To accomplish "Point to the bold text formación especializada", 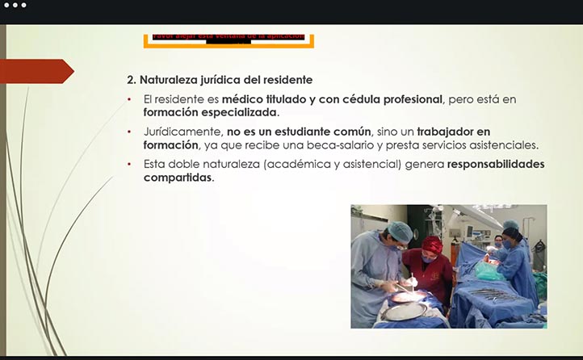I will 210,112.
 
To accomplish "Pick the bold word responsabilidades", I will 496,164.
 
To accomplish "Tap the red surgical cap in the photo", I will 434,245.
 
